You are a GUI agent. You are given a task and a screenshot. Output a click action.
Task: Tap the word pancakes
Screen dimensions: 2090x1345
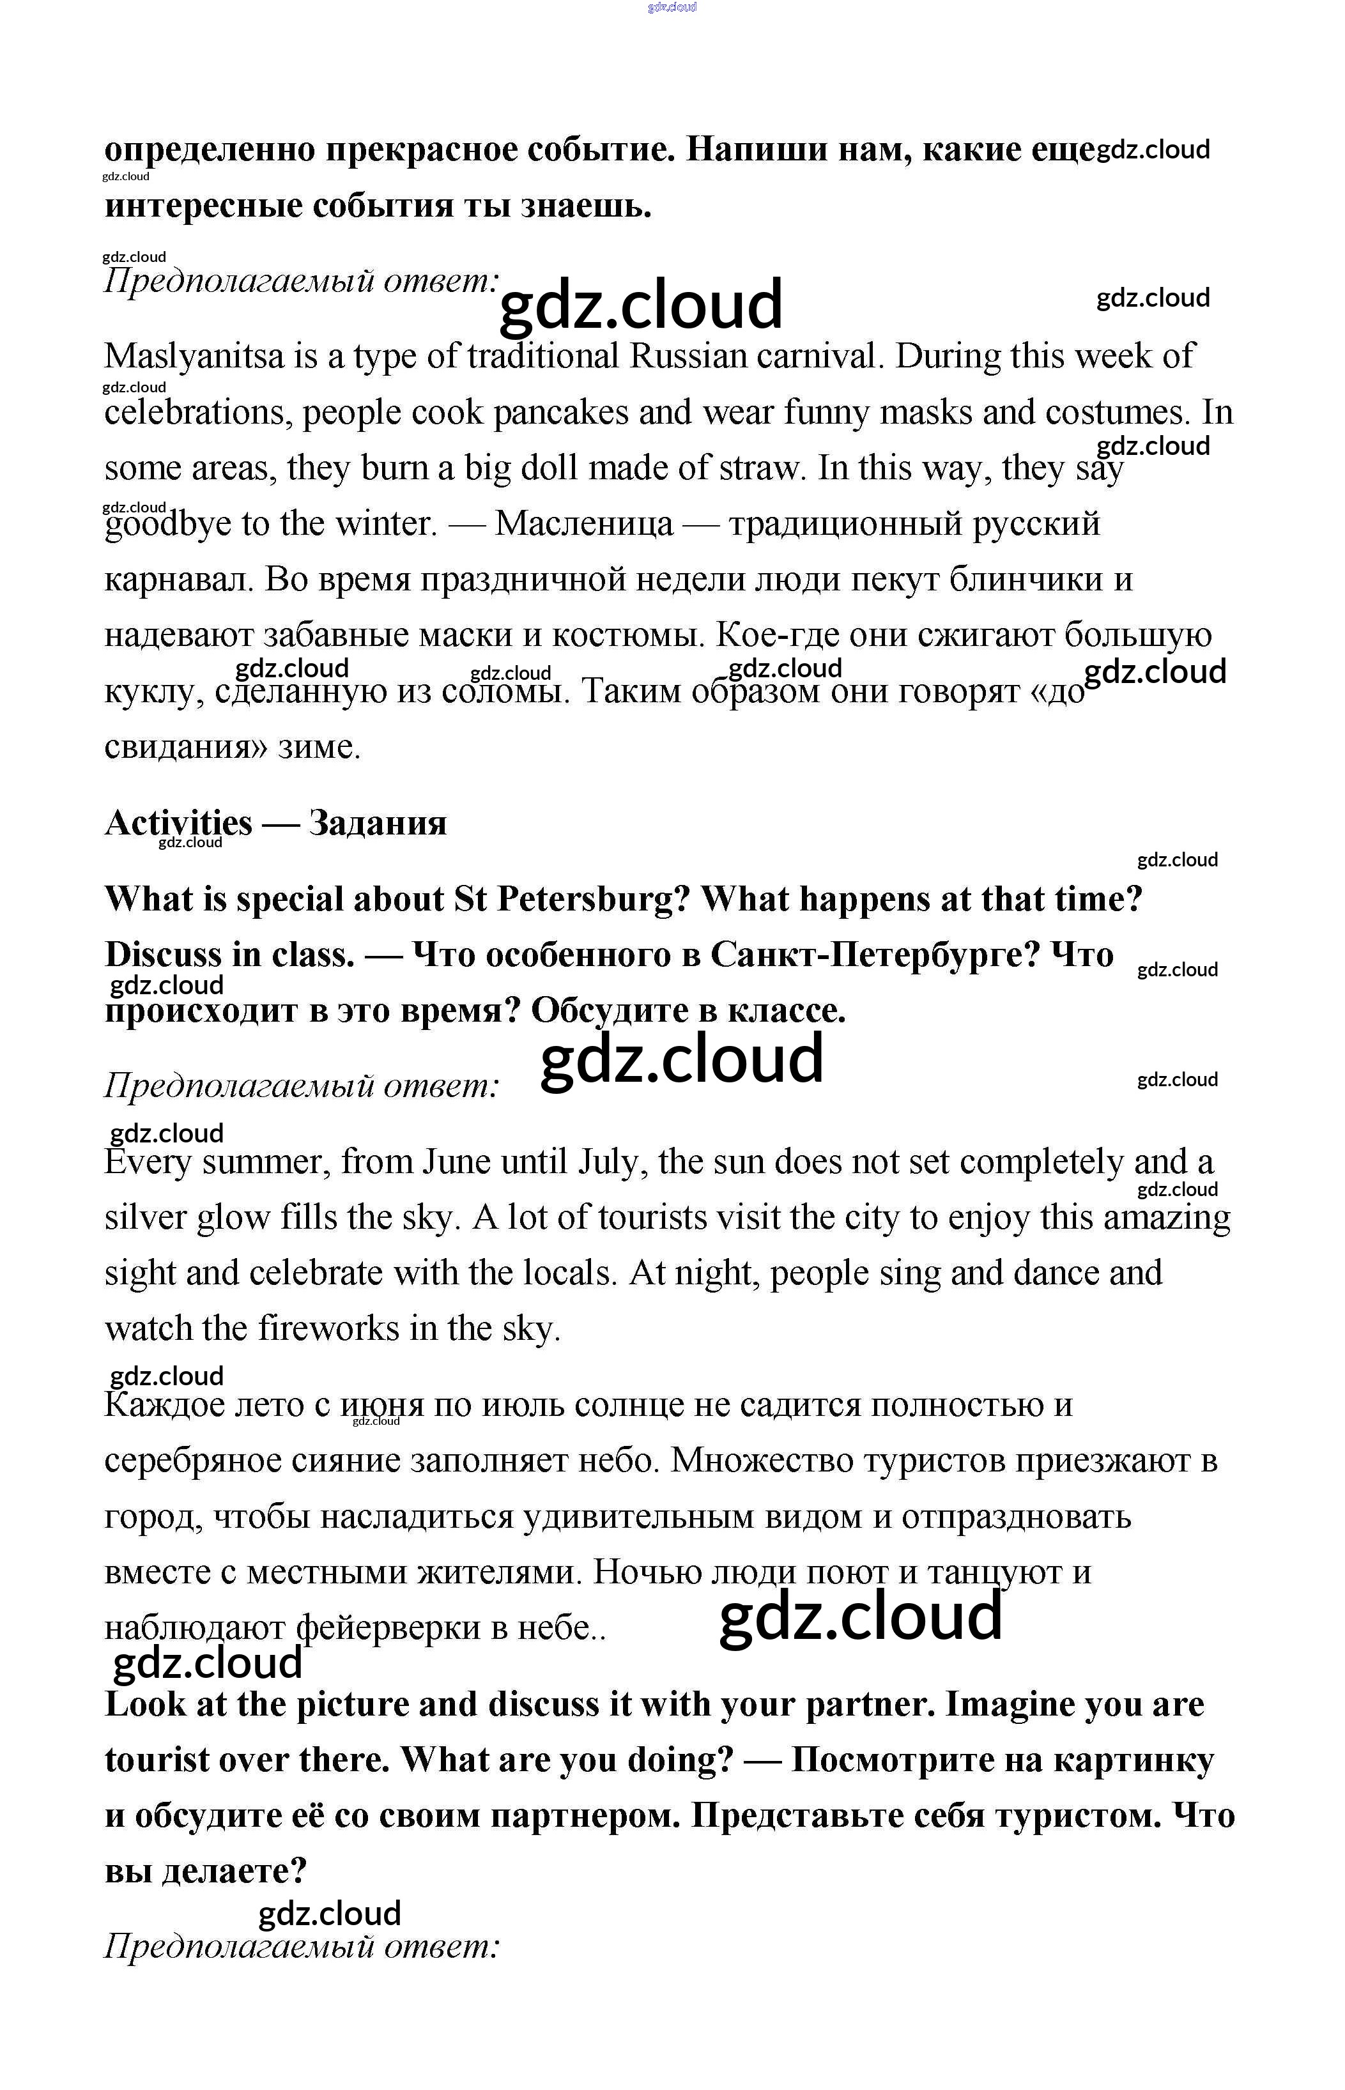tap(561, 413)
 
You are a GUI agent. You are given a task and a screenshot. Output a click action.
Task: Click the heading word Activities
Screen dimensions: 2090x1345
tap(178, 823)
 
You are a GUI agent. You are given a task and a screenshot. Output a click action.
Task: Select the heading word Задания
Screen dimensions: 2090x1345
tap(377, 823)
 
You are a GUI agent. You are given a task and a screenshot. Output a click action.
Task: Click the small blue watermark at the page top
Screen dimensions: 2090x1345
tap(672, 7)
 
